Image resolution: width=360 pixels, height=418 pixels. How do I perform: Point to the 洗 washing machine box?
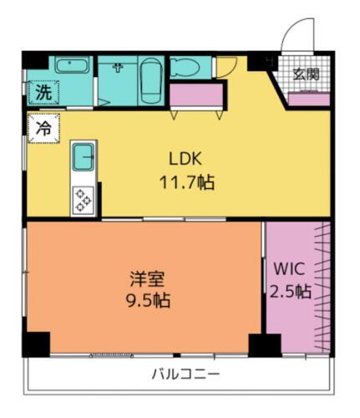click(42, 94)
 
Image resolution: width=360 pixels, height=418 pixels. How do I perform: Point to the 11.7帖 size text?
click(187, 181)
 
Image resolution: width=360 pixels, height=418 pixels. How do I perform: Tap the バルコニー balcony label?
click(185, 374)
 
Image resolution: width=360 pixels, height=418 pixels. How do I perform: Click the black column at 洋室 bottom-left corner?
click(35, 344)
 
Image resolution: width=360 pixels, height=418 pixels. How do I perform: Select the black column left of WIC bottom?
click(264, 344)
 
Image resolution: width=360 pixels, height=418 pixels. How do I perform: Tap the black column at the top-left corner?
click(34, 61)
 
